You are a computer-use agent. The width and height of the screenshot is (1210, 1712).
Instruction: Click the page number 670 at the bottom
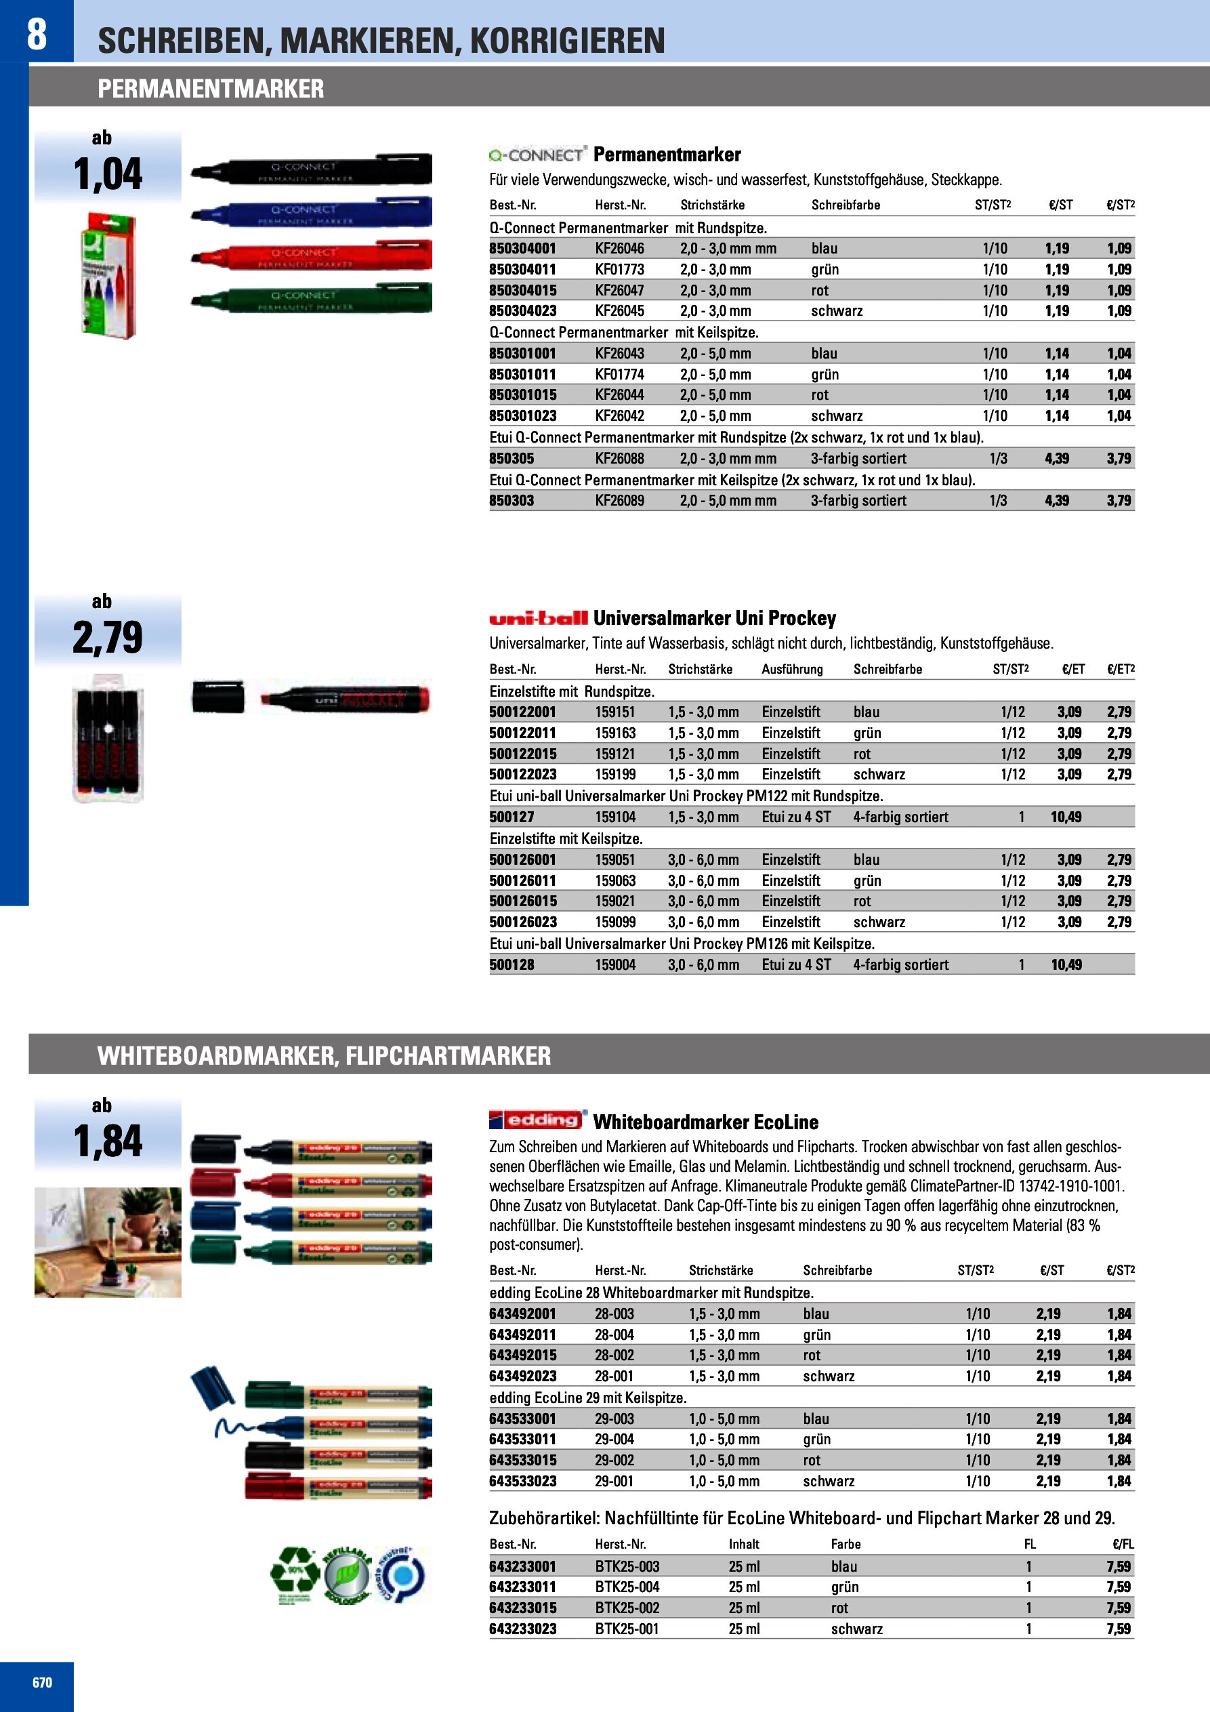43,1682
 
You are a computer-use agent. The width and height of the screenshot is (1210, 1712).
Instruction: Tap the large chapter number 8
37,34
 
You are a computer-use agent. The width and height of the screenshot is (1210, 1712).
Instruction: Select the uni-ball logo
537,618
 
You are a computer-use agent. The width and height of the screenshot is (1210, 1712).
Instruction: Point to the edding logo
537,1120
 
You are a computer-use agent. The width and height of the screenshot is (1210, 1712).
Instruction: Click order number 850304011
522,269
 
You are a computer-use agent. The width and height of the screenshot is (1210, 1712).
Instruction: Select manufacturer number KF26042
619,416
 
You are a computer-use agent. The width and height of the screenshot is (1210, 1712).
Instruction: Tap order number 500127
512,817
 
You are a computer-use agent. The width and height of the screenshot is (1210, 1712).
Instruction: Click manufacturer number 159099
615,922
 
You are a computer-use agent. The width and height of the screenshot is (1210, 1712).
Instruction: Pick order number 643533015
522,1460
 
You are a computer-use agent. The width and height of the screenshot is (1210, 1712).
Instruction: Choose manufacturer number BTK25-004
627,1587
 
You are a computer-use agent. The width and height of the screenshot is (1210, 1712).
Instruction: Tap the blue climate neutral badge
401,1576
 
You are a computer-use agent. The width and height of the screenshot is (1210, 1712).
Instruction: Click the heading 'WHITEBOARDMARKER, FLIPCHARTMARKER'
325,1056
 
